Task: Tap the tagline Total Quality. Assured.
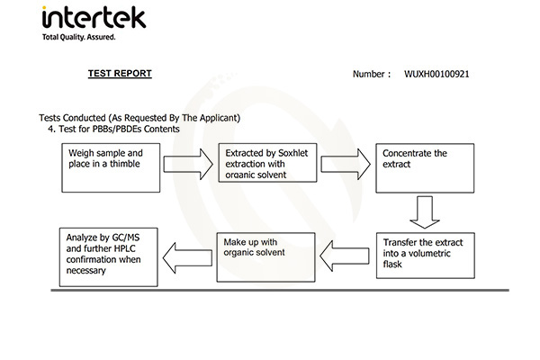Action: [x=79, y=37]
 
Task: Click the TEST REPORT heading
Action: [x=120, y=73]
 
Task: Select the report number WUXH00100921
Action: [x=436, y=74]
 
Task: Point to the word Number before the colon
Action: [x=370, y=74]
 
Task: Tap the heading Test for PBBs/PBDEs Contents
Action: [x=118, y=129]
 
